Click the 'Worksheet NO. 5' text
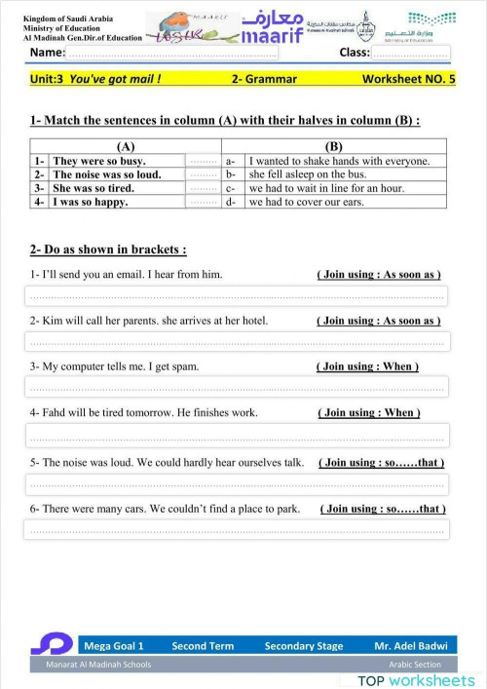click(408, 79)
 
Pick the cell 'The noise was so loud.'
click(106, 174)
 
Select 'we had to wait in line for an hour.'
click(326, 188)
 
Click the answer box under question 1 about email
click(238, 295)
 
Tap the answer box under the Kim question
click(238, 341)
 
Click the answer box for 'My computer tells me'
click(238, 387)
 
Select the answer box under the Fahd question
click(238, 435)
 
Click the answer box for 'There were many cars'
click(238, 529)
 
